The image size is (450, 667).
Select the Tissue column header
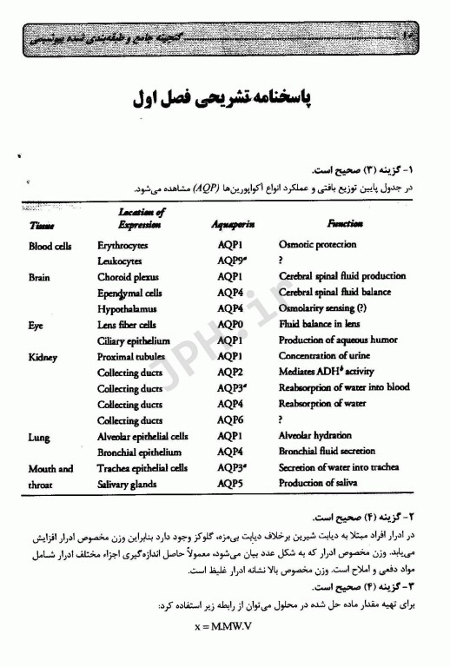(x=42, y=225)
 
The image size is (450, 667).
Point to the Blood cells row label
(x=50, y=246)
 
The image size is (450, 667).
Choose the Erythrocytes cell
(x=122, y=246)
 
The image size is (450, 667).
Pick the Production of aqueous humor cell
(x=340, y=340)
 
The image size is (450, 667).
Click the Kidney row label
(x=45, y=356)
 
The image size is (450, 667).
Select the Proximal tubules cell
(x=131, y=356)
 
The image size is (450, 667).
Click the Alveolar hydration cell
(x=315, y=436)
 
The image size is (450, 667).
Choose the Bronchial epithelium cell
(x=139, y=452)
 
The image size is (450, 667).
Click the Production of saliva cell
(x=322, y=484)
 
